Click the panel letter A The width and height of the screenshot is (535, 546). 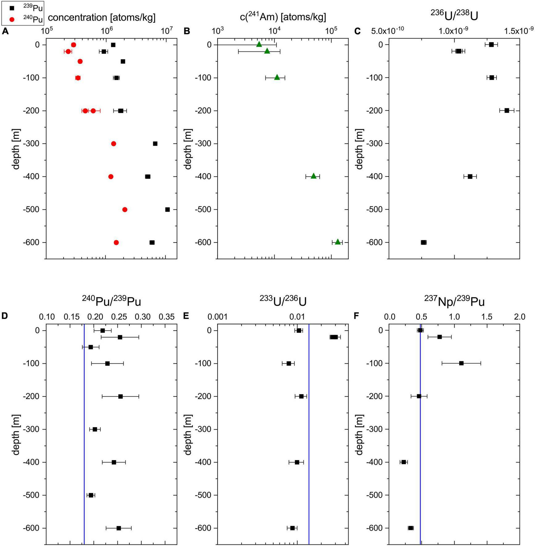pos(5,31)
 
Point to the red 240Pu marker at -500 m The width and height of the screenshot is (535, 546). pos(125,210)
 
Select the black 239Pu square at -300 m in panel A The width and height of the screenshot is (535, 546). pos(155,144)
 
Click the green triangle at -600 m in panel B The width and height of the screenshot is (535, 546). pos(338,242)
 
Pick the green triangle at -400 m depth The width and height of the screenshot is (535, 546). pos(314,176)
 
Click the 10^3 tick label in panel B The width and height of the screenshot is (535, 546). pos(218,31)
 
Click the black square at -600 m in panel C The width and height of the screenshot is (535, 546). pos(423,242)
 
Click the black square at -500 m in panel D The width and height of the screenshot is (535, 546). pos(91,495)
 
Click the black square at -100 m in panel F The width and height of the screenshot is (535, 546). pos(461,363)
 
